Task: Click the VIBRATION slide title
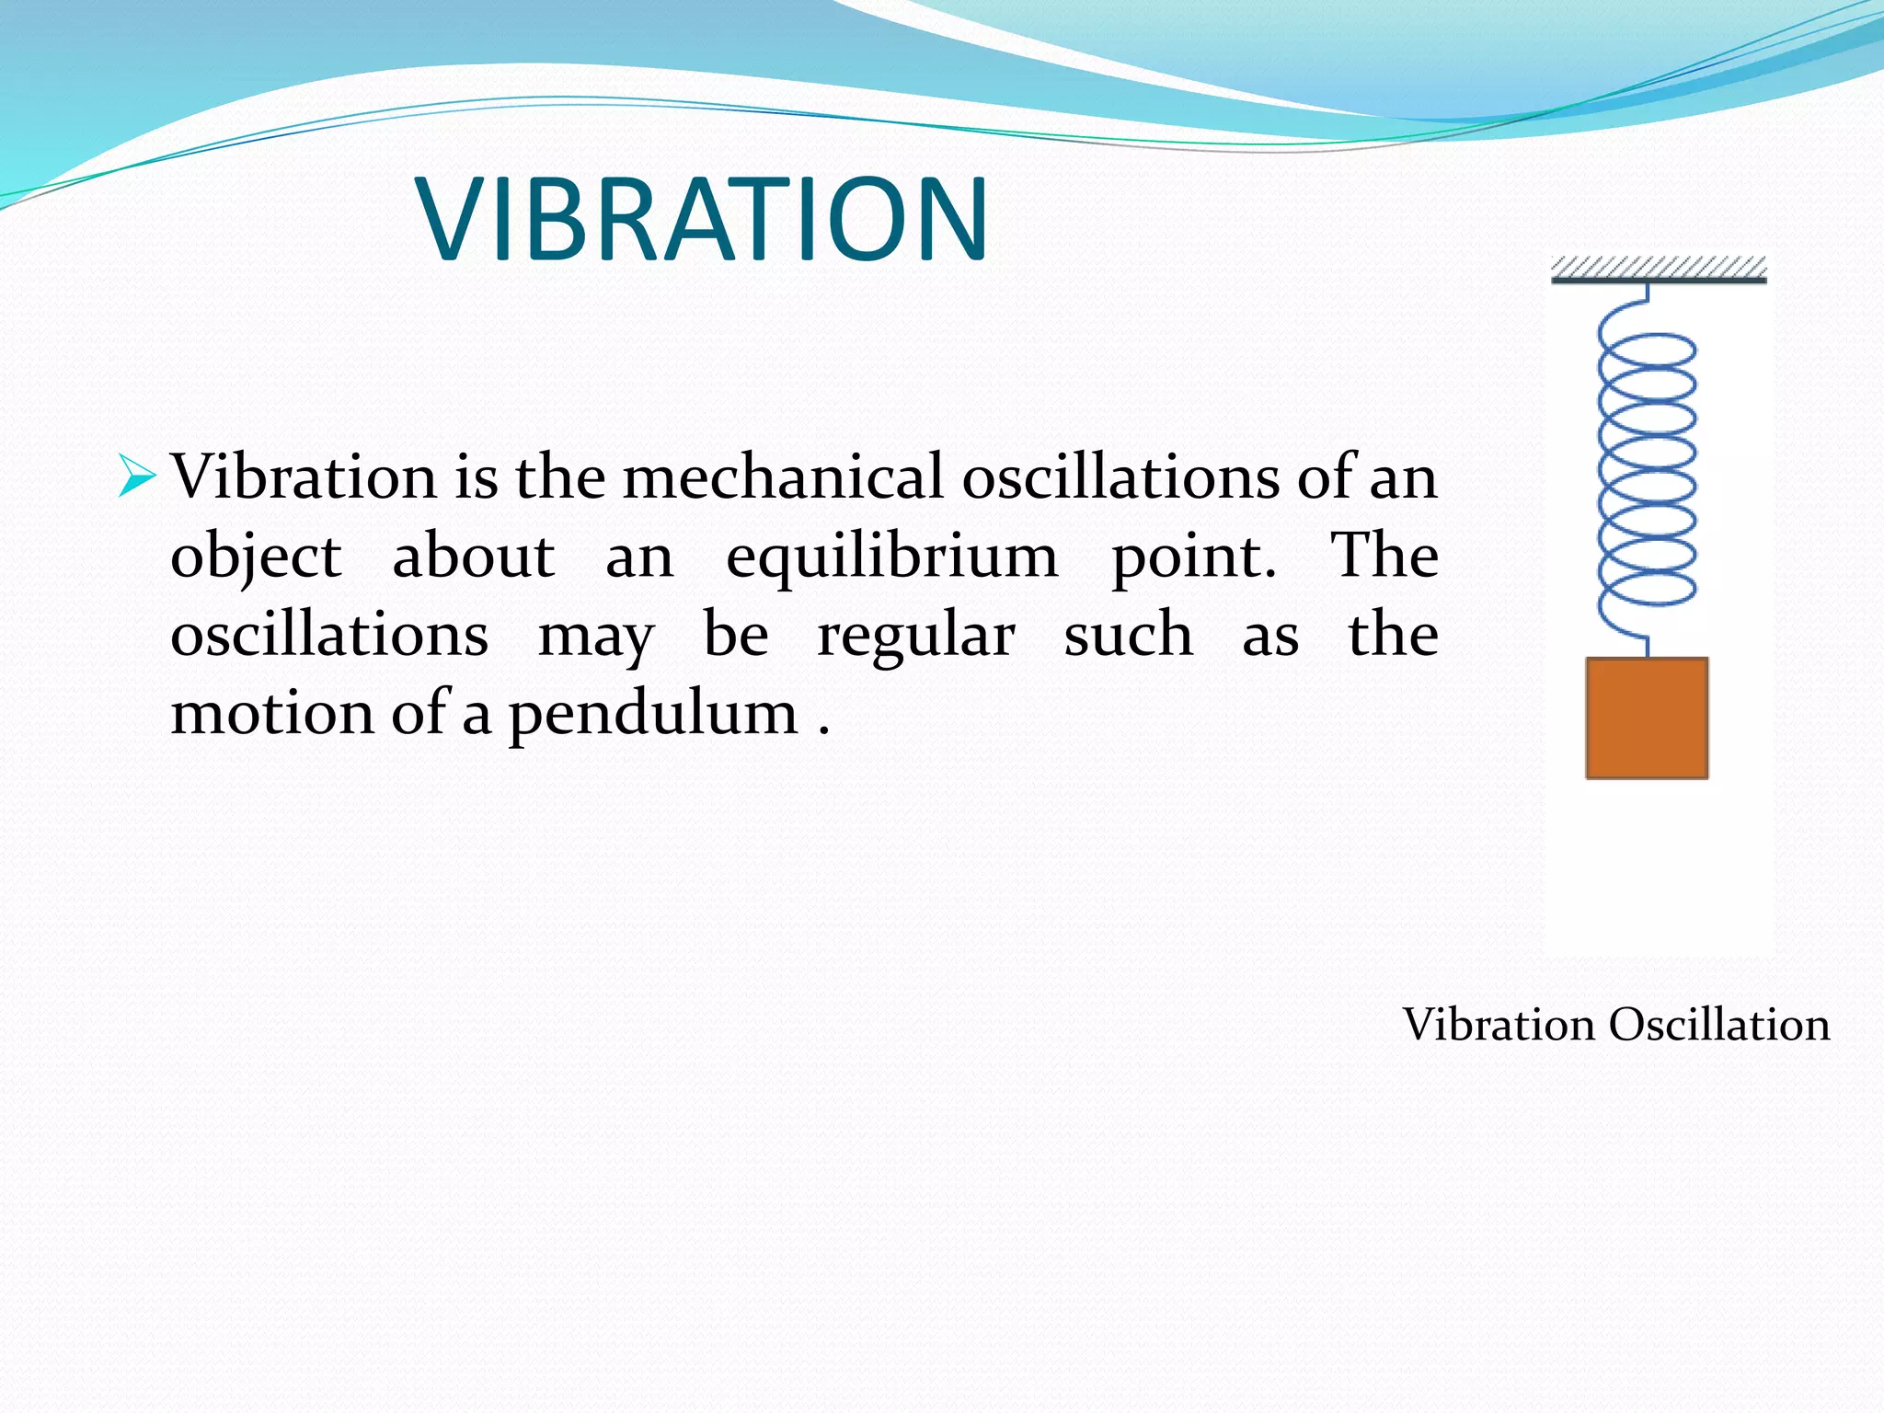click(x=703, y=221)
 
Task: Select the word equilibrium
click(x=891, y=557)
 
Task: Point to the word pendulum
click(x=653, y=714)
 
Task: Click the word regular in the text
click(x=915, y=636)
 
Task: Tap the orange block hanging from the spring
click(x=1647, y=718)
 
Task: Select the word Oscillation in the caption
click(x=1719, y=1025)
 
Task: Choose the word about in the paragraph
click(x=473, y=557)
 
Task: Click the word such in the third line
click(x=1128, y=636)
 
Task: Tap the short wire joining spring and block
click(x=1647, y=647)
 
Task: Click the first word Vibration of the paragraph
click(x=304, y=477)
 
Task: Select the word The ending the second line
click(x=1384, y=556)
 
